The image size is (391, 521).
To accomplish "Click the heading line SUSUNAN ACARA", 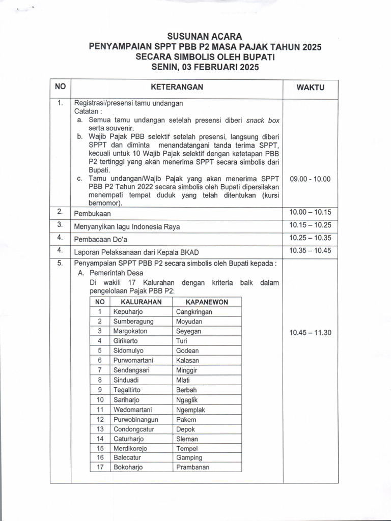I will [x=205, y=37].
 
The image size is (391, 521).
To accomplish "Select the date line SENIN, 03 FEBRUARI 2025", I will [x=205, y=67].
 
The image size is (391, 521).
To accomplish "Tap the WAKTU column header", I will [x=310, y=88].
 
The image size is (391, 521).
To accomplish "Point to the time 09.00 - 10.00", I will [x=310, y=179].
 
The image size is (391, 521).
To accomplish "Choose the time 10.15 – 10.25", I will [x=310, y=224].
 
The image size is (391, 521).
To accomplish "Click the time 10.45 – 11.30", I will [x=310, y=333].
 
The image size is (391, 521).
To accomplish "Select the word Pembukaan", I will [x=93, y=214].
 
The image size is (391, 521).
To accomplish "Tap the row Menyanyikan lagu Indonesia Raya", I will [x=127, y=226].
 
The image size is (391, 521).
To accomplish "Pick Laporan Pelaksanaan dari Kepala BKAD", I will [x=136, y=251].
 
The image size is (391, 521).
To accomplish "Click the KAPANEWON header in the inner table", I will [x=207, y=302].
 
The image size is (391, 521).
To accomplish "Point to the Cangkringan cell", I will [x=194, y=312].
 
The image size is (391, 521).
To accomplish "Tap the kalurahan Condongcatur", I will [x=133, y=429].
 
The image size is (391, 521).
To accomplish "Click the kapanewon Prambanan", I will [x=192, y=467].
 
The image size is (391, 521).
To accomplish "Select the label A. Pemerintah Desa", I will [x=105, y=273].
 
